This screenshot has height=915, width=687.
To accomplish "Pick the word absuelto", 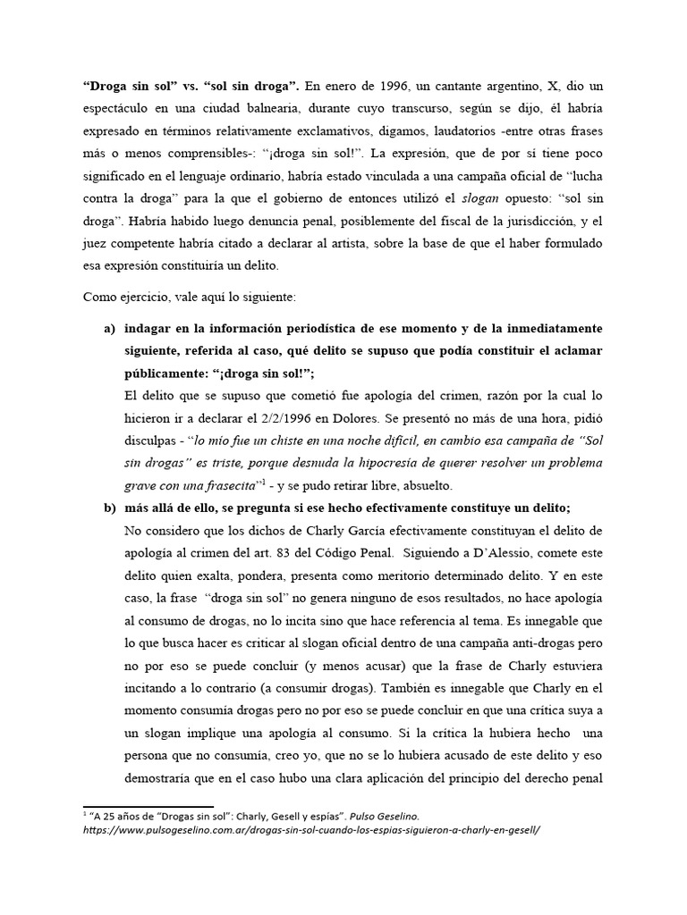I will coord(428,486).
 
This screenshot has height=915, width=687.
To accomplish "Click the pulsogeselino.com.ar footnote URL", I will coord(310,828).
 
